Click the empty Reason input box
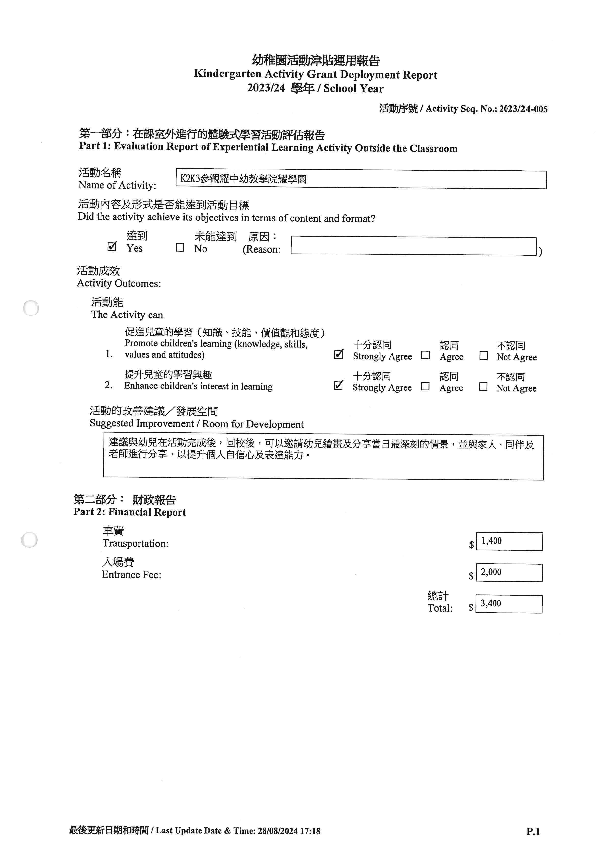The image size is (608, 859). coord(413,246)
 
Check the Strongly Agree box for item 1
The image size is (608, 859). coord(338,354)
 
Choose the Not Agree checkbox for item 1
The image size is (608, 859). coord(483,355)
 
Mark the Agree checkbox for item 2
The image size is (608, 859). coord(425,386)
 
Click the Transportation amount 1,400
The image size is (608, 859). coord(492,541)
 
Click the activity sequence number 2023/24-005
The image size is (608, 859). coord(523,109)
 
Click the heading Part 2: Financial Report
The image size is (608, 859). coord(129,512)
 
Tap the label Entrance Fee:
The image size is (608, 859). coord(131,575)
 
